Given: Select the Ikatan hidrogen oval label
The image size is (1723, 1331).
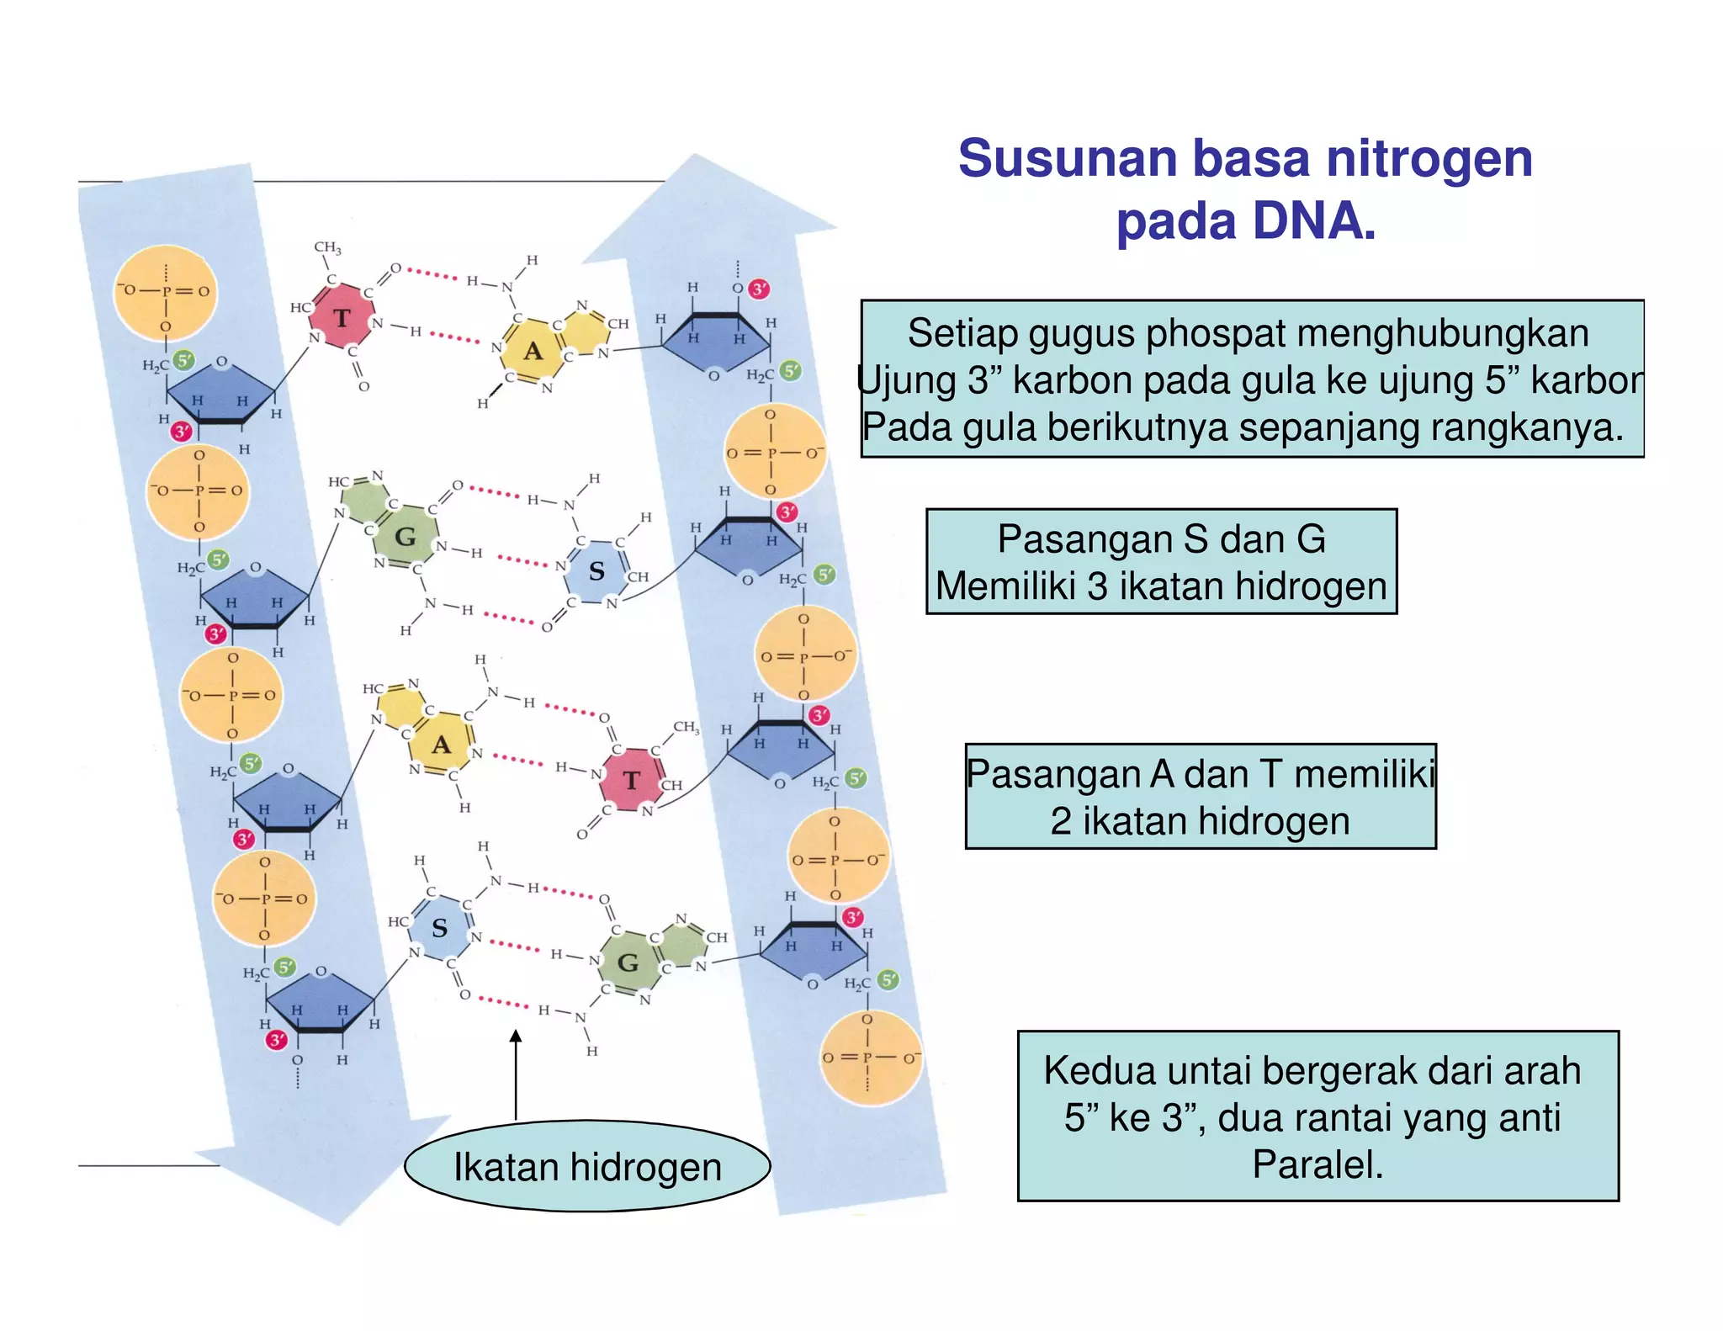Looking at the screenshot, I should click(x=587, y=1167).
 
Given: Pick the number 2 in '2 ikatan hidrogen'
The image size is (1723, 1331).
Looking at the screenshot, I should click(x=1060, y=821).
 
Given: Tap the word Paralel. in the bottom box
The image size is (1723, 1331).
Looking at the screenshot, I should click(x=1317, y=1165).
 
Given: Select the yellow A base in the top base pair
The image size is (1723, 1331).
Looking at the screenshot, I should click(x=533, y=351).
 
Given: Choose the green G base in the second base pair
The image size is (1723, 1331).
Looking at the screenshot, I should click(x=406, y=537).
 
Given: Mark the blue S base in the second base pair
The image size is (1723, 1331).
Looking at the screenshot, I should click(x=596, y=572).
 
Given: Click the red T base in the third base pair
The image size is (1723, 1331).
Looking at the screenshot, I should click(x=632, y=781).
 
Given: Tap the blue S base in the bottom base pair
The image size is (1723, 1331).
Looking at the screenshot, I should click(x=439, y=929).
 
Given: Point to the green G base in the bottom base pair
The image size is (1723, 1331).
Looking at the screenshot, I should click(x=628, y=963).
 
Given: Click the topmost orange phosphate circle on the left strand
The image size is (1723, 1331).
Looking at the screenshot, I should click(x=166, y=292).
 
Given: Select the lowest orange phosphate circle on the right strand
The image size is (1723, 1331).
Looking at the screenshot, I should click(x=872, y=1058).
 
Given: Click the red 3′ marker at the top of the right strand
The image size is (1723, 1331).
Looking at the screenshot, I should click(x=760, y=289).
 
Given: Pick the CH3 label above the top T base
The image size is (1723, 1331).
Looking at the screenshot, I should click(x=327, y=247).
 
